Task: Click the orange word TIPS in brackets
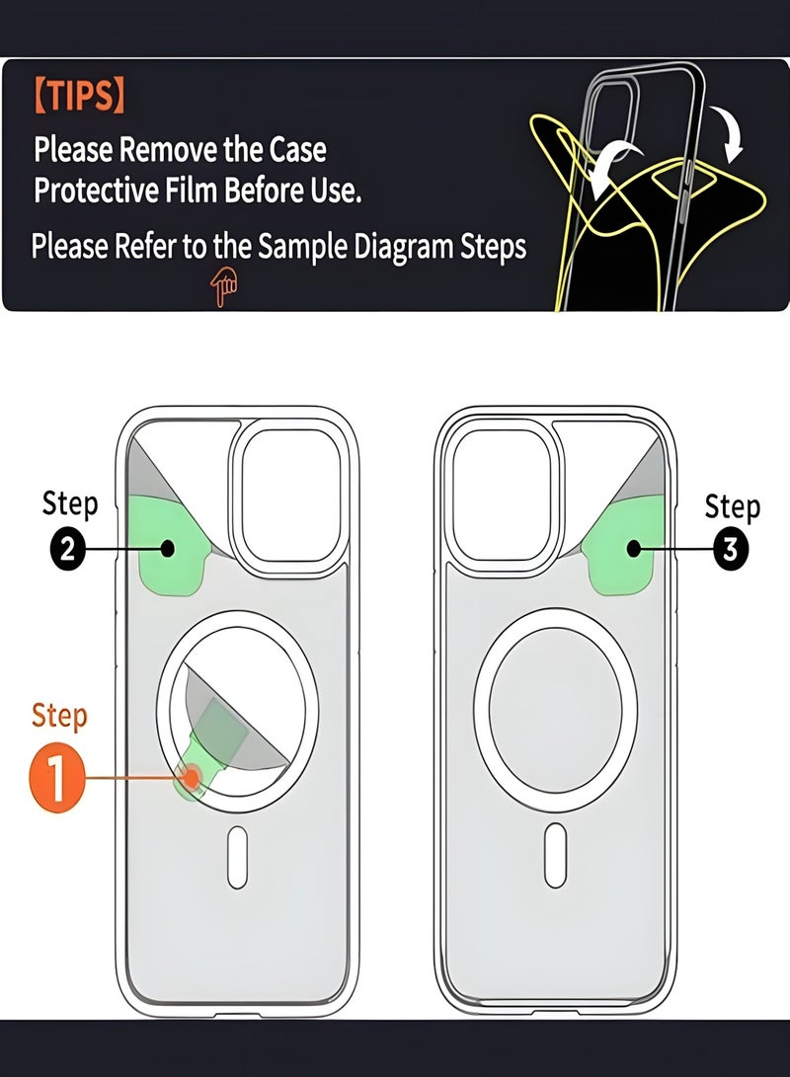79,97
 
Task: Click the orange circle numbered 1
56,777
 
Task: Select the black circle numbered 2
67,548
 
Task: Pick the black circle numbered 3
730,549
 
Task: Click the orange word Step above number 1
59,715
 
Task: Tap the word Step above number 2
69,503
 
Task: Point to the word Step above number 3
732,506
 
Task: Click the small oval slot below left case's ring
239,855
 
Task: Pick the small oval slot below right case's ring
556,855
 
